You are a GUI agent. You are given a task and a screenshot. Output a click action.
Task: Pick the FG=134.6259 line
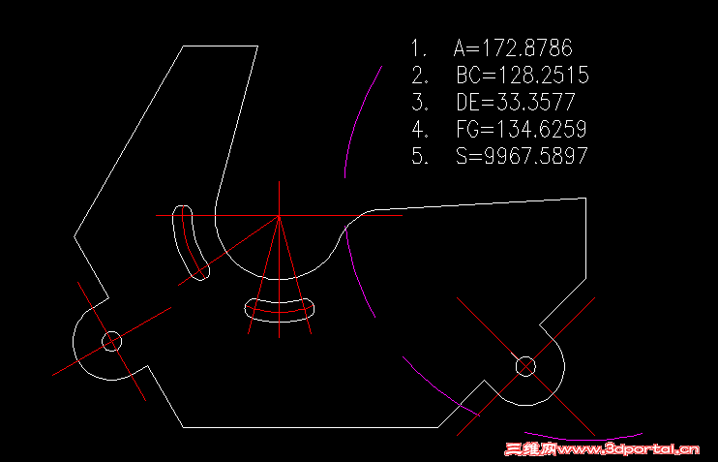tap(522, 129)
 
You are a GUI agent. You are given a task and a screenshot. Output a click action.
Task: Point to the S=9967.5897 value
tap(522, 156)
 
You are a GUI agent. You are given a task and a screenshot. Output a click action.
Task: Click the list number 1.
tap(419, 47)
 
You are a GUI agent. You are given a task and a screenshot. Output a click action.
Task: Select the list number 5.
tap(419, 156)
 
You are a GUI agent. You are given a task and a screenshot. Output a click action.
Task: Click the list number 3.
tap(419, 102)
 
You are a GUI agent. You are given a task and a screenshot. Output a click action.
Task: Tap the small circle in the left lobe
tap(111, 341)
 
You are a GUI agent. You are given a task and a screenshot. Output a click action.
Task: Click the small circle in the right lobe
tap(525, 366)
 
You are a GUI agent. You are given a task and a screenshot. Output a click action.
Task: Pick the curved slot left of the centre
tap(190, 242)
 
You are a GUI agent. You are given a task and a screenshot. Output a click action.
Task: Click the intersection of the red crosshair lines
tap(279, 216)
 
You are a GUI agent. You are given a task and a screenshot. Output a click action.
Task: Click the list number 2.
tap(419, 75)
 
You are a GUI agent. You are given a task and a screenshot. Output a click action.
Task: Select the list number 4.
tap(419, 129)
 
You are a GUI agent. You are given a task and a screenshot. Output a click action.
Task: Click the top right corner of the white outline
tap(586, 199)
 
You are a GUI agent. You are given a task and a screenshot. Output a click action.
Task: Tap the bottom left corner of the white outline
tap(183, 427)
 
